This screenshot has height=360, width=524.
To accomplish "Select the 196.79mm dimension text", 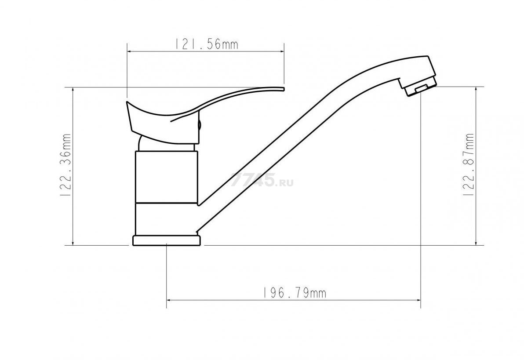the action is click(x=293, y=293).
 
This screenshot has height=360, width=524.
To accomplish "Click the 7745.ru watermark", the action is click(x=262, y=180).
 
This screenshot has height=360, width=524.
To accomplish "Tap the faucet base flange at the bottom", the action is click(x=167, y=241).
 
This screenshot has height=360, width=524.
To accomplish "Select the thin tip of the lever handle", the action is click(x=284, y=89).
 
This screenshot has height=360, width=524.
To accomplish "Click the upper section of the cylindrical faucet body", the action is click(x=167, y=177).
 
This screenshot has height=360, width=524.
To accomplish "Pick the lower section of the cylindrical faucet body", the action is click(x=167, y=219).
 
